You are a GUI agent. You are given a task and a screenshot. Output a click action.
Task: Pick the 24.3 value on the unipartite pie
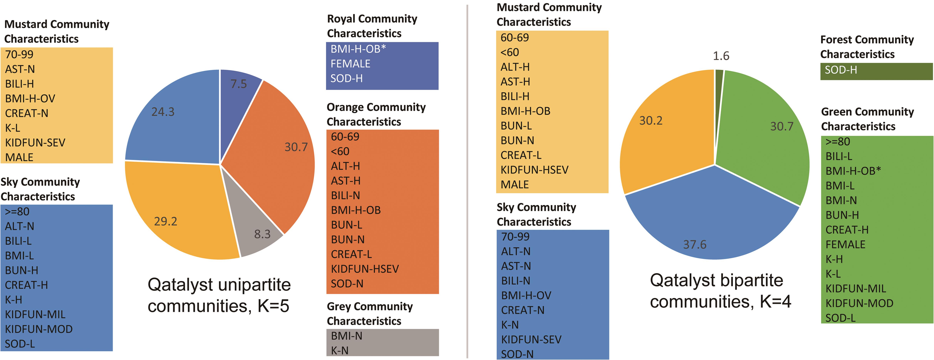[x=163, y=112]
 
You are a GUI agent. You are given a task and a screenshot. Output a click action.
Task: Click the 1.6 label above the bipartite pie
[x=721, y=56]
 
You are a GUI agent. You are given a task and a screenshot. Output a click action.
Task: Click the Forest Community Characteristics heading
[x=867, y=47]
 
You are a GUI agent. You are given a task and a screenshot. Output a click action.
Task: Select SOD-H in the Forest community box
[x=840, y=70]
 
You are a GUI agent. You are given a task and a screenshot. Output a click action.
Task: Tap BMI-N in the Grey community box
[x=346, y=336]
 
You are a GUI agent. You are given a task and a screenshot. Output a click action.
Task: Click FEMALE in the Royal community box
[x=350, y=64]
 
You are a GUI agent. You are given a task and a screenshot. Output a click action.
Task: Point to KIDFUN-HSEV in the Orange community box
[x=364, y=269]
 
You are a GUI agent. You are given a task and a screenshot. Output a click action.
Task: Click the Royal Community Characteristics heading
[x=372, y=26]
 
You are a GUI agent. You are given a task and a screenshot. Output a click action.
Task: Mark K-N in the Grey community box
[x=340, y=351]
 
